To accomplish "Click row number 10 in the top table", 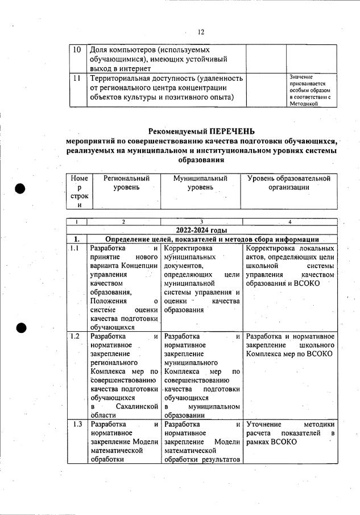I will click(77, 50).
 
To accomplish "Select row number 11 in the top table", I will click(77, 78).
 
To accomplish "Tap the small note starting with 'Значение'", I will click(310, 90).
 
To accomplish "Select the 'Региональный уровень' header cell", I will click(123, 183).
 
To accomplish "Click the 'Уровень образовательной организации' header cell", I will click(289, 183).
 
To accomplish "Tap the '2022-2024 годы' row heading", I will click(201, 230).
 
